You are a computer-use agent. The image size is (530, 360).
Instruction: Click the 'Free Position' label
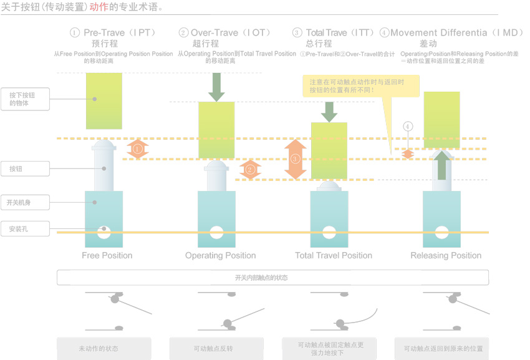tap(107, 255)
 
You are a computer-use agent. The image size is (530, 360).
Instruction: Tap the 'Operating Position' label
tap(220, 255)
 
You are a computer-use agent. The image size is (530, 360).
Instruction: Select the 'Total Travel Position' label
tap(333, 255)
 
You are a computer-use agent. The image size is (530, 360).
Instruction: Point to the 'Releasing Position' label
tap(446, 255)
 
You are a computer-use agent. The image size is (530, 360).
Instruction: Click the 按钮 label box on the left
tap(25, 168)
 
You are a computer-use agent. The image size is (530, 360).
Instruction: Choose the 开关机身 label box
tap(25, 202)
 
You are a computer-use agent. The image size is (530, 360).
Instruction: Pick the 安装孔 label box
tap(25, 229)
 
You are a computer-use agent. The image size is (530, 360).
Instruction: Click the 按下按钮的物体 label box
tap(25, 99)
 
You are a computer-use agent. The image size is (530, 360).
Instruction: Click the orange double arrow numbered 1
tap(138, 148)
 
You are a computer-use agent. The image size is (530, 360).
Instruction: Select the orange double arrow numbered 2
tap(250, 169)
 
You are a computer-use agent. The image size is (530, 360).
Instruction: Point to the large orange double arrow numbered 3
tap(296, 159)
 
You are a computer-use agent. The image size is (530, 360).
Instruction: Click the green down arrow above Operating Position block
tap(216, 87)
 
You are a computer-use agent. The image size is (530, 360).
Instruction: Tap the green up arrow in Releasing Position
tap(442, 165)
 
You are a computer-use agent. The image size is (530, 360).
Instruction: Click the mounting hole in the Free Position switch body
tap(104, 233)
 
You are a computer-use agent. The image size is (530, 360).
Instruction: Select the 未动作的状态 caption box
tap(104, 348)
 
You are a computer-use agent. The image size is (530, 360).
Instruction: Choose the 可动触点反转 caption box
tap(216, 348)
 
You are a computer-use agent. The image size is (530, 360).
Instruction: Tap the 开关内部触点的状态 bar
tap(272, 278)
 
